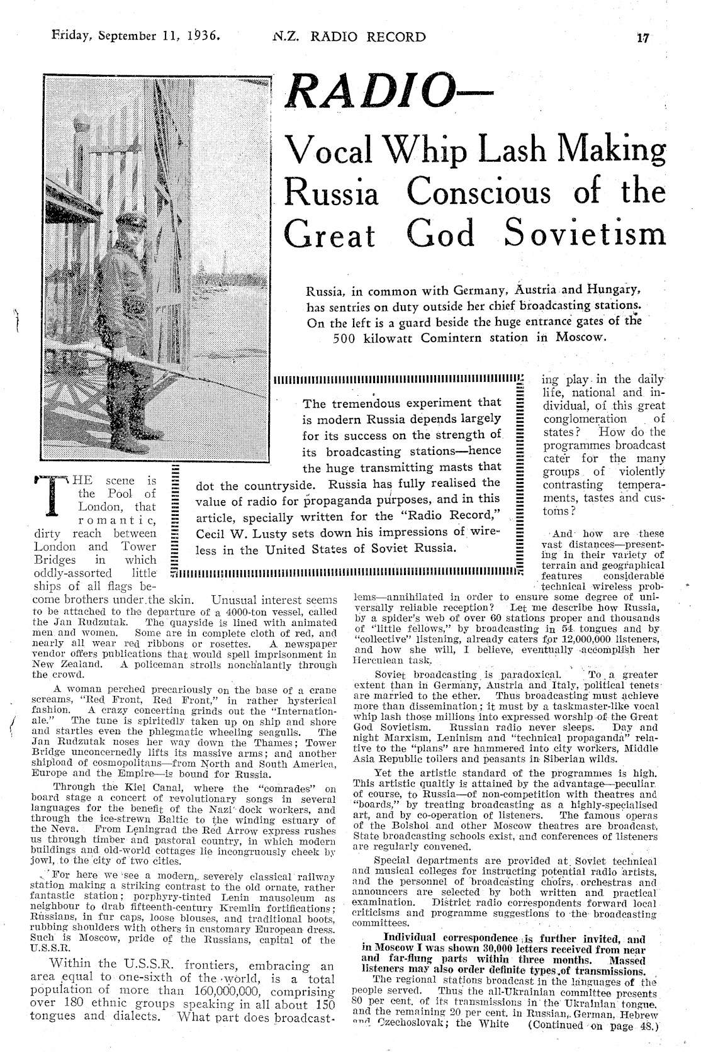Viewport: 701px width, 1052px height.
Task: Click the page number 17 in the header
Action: click(642, 37)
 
